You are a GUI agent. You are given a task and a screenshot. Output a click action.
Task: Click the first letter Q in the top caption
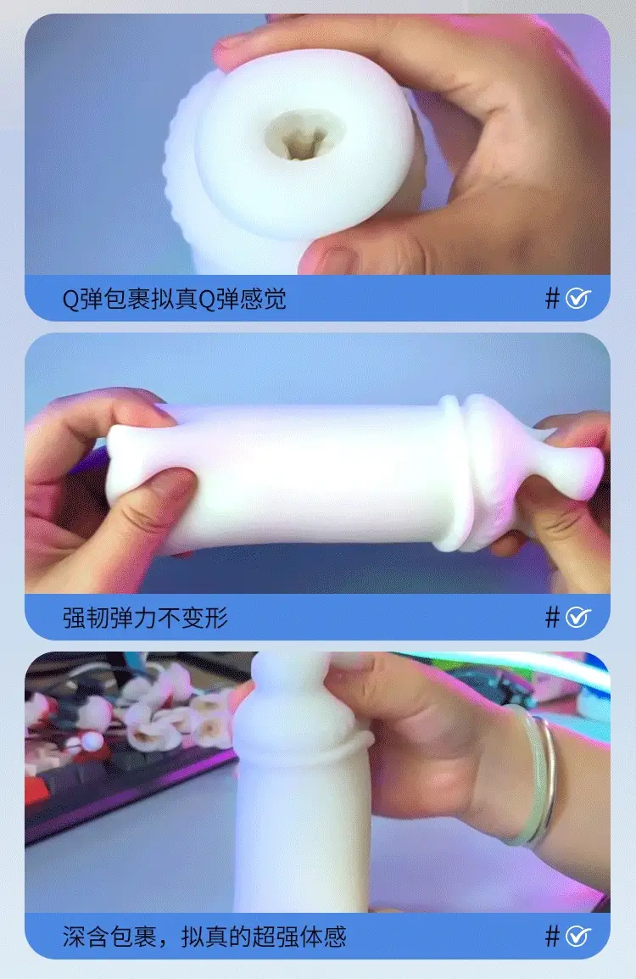tap(70, 299)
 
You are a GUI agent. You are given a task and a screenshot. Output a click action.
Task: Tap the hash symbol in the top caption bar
tap(552, 298)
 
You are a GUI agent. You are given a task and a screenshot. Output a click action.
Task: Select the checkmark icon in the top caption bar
tap(578, 298)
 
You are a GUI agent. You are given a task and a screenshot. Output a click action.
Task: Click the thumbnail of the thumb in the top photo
tap(337, 259)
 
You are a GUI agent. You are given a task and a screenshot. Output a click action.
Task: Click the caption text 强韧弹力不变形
tap(145, 618)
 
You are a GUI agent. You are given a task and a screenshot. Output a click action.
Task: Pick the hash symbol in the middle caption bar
tap(552, 617)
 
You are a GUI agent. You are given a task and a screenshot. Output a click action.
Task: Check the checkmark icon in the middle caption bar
tap(578, 617)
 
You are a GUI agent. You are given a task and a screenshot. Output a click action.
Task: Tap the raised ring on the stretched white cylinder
tap(455, 473)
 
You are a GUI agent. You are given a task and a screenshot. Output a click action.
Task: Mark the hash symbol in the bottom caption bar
tap(552, 936)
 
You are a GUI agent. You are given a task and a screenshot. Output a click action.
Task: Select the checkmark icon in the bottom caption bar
tap(578, 936)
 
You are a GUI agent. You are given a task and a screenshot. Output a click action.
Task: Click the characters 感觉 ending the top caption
tap(263, 299)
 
